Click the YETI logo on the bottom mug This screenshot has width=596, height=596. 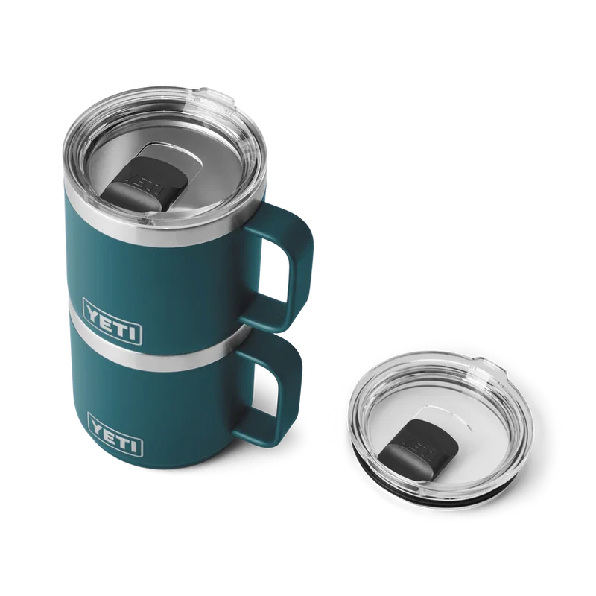click(x=115, y=434)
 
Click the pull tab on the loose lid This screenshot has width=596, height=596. click(x=489, y=366)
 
